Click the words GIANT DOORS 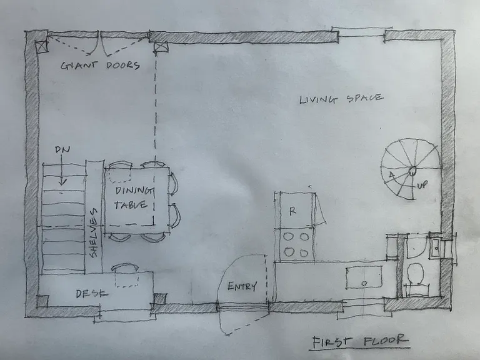(x=100, y=65)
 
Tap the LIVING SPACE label (x=341, y=99)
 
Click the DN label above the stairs (x=62, y=149)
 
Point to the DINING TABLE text (x=134, y=197)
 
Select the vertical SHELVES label (x=93, y=233)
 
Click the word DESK (x=91, y=294)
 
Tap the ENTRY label (x=242, y=286)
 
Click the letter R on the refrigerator (x=293, y=211)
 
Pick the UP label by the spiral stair (x=422, y=185)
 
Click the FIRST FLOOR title (x=360, y=341)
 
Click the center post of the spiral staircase (x=412, y=171)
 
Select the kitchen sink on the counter (x=364, y=277)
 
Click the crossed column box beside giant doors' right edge (x=161, y=47)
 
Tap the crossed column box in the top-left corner (x=42, y=46)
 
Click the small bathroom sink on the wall (x=435, y=247)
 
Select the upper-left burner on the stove (x=288, y=237)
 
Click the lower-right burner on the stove (x=304, y=253)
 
